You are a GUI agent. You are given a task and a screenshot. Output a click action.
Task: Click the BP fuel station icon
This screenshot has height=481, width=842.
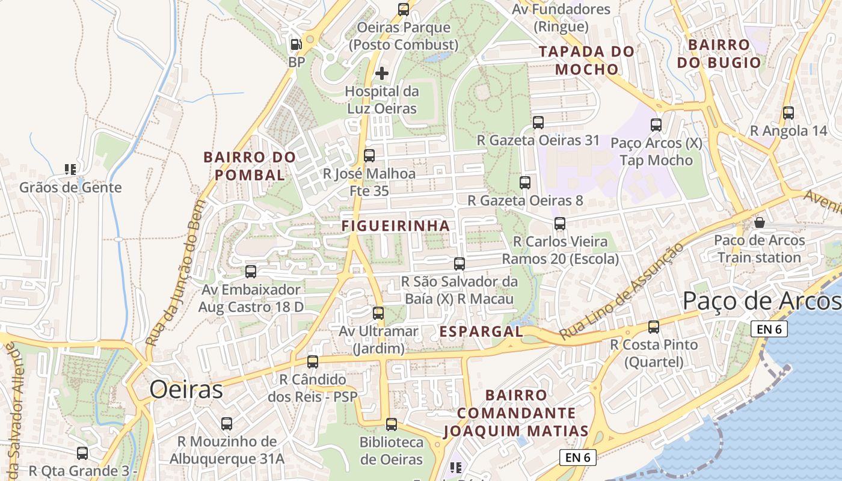click(x=296, y=44)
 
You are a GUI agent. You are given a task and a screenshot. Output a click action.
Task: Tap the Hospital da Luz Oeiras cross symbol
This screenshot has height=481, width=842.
click(x=382, y=73)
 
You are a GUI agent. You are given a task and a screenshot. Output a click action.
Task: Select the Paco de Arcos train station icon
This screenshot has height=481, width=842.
click(x=760, y=222)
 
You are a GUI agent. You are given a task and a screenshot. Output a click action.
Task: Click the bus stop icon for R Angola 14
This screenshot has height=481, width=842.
click(x=788, y=112)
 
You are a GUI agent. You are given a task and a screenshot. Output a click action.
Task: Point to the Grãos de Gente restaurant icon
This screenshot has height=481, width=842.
click(x=70, y=170)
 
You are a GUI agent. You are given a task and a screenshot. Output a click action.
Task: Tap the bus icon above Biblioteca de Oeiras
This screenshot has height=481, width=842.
click(x=392, y=424)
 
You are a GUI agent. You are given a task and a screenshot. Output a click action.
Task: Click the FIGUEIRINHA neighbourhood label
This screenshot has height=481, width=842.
click(x=395, y=226)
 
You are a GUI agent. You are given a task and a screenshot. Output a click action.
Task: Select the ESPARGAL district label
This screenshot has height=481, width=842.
click(x=481, y=331)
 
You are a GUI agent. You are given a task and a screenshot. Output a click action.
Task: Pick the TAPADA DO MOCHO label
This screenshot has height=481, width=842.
click(x=586, y=60)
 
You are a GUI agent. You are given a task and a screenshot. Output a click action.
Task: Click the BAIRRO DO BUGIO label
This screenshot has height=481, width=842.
click(x=719, y=54)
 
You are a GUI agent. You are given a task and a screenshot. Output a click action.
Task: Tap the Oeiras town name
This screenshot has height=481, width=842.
click(x=186, y=390)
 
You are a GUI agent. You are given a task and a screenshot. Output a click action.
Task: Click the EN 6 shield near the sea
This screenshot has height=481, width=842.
click(x=769, y=329)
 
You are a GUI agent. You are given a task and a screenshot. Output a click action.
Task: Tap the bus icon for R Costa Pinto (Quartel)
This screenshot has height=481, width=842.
click(x=653, y=327)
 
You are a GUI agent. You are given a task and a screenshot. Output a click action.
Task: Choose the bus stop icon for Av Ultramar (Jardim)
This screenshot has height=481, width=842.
click(x=378, y=313)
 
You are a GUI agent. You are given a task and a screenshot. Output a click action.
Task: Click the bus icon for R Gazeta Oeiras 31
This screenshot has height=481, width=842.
click(x=538, y=123)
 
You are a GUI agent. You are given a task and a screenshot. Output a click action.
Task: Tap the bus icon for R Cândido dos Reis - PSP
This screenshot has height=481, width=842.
click(x=312, y=361)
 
